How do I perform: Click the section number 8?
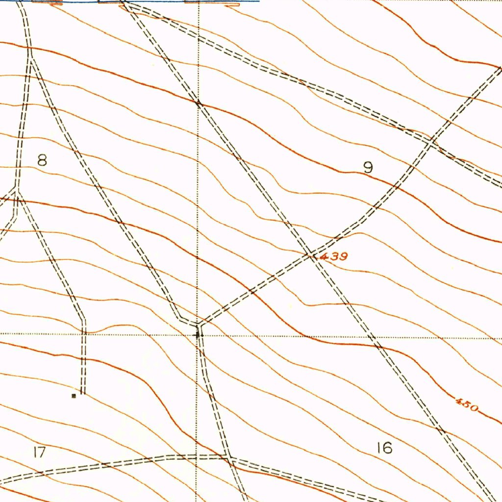pyautogui.click(x=43, y=160)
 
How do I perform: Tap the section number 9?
pyautogui.click(x=368, y=168)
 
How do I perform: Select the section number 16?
pyautogui.click(x=385, y=448)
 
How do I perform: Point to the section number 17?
pyautogui.click(x=40, y=452)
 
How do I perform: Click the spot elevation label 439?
pyautogui.click(x=333, y=256)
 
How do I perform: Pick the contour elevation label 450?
pyautogui.click(x=466, y=405)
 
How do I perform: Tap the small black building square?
pyautogui.click(x=74, y=395)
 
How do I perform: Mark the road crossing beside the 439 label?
pyautogui.click(x=311, y=254)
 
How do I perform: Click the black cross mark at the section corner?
pyautogui.click(x=198, y=335)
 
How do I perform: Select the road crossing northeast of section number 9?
pyautogui.click(x=431, y=143)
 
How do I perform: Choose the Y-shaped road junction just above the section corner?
pyautogui.click(x=199, y=324)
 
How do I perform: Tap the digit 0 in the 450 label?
pyautogui.click(x=473, y=407)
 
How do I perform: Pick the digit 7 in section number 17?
pyautogui.click(x=43, y=452)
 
